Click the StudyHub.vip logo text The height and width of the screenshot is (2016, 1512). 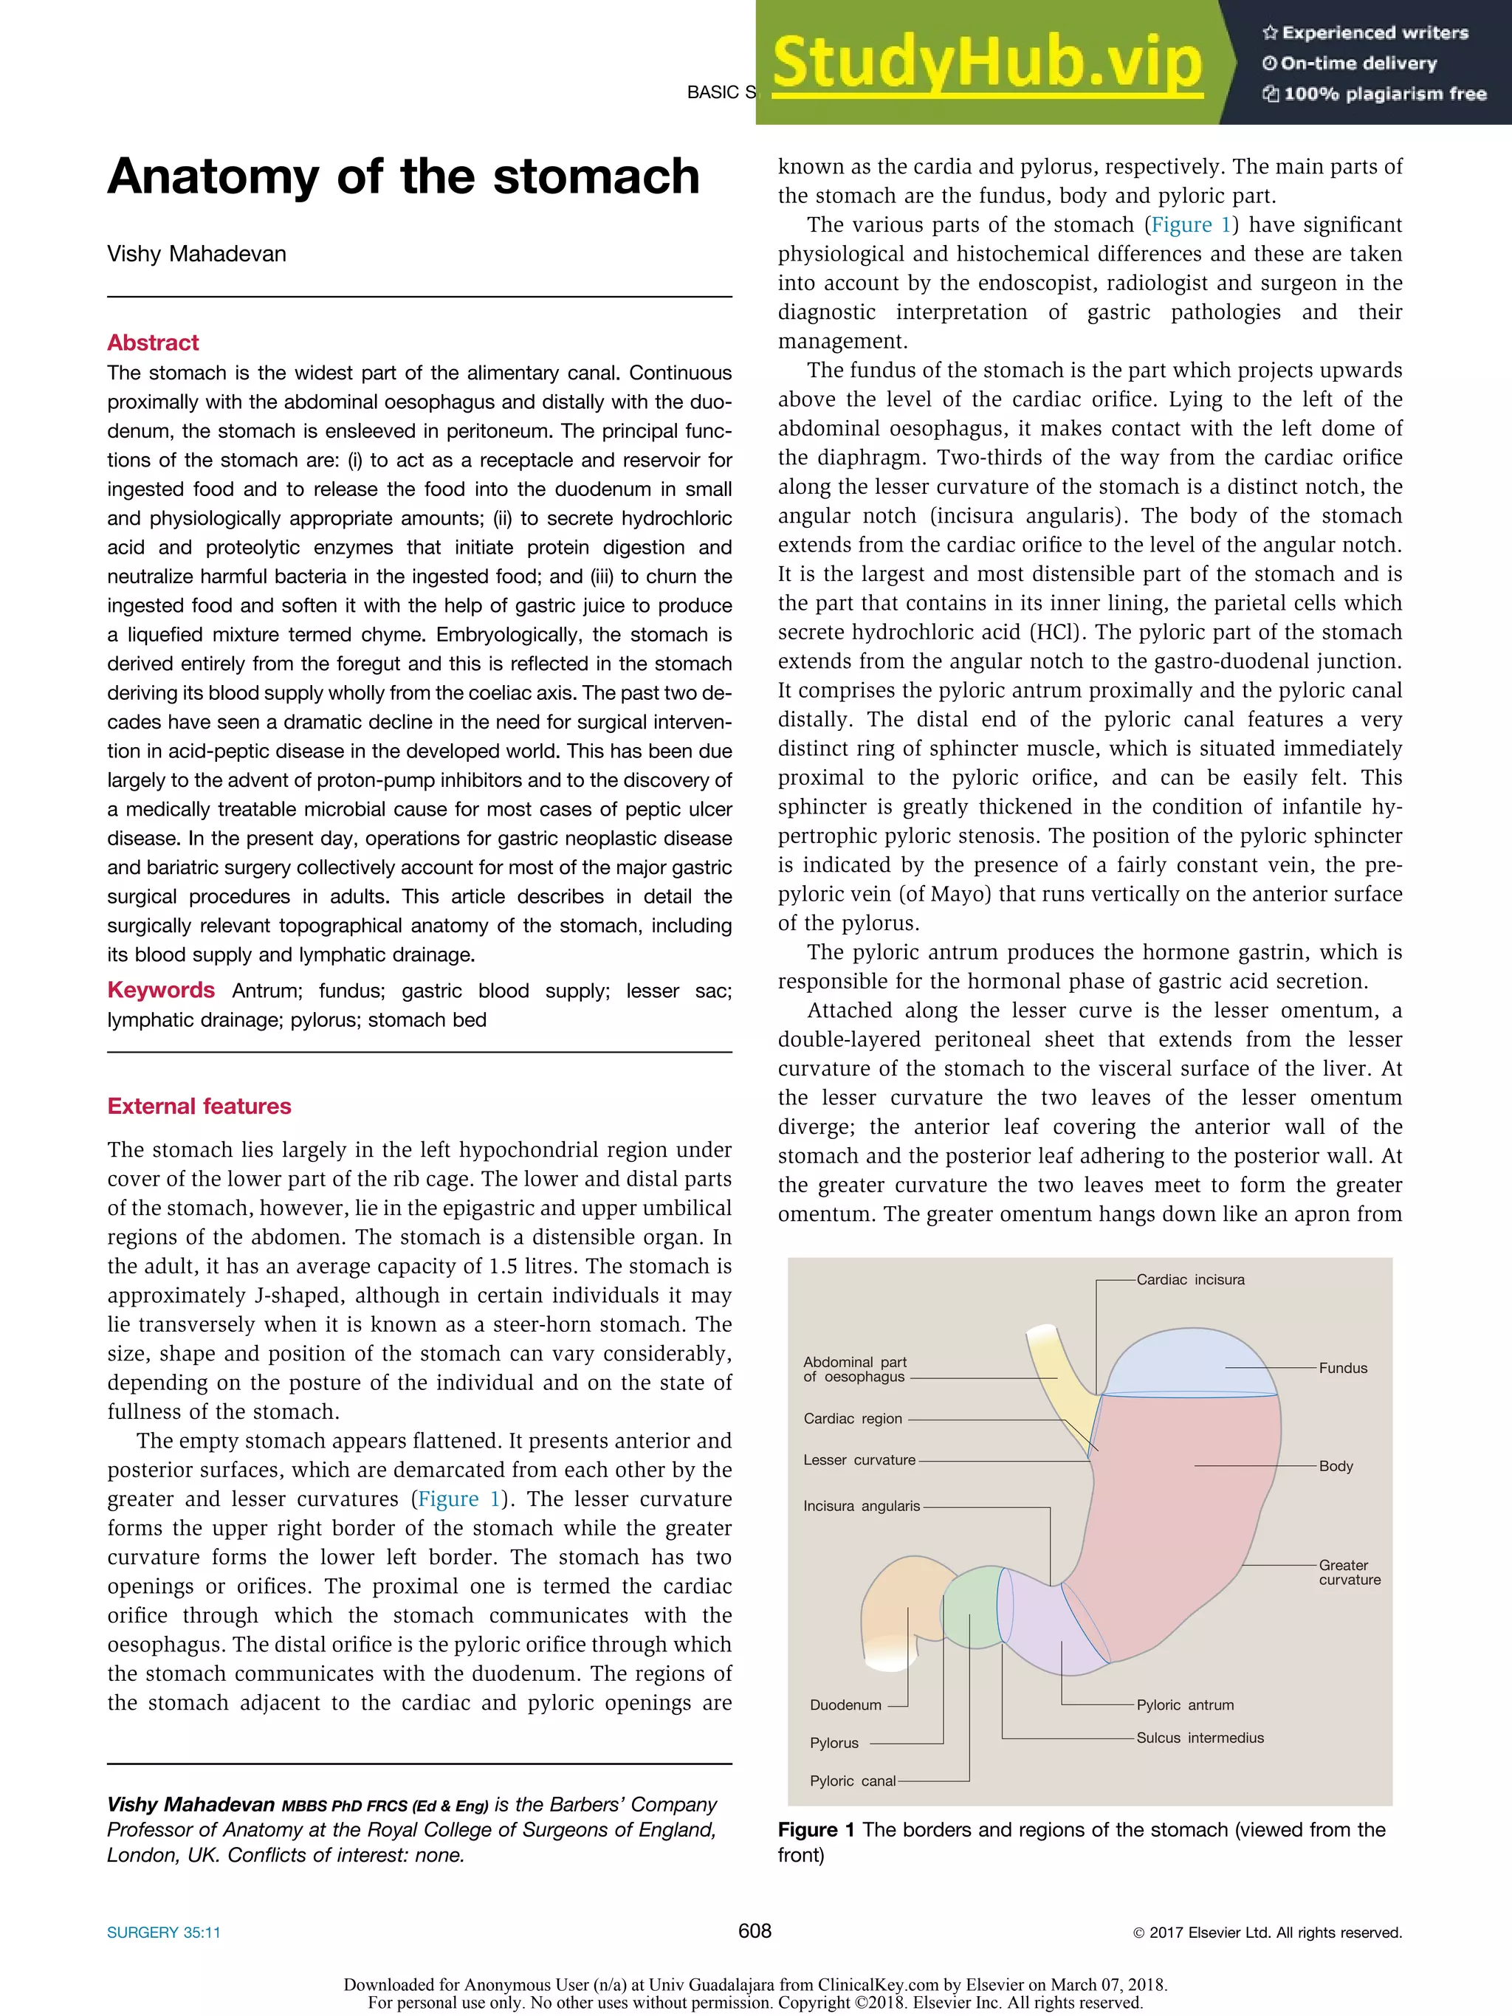pos(986,62)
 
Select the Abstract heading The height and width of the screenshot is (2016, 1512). pos(152,343)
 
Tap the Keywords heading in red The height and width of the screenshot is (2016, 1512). pos(160,990)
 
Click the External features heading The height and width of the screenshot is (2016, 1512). pos(199,1106)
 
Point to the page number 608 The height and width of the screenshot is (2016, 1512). pos(755,1930)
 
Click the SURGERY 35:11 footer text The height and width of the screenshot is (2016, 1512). pos(163,1932)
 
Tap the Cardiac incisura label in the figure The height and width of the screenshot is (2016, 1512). pos(1189,1279)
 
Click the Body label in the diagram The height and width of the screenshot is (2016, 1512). pos(1336,1465)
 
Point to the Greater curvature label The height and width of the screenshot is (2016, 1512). pos(1349,1572)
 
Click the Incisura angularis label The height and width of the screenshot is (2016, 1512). pos(862,1506)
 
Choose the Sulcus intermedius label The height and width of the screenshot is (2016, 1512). pos(1200,1737)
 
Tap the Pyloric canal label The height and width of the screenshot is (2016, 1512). pos(852,1780)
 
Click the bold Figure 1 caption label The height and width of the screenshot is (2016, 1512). pos(816,1829)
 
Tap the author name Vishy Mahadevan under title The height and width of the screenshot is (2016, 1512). pos(196,253)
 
